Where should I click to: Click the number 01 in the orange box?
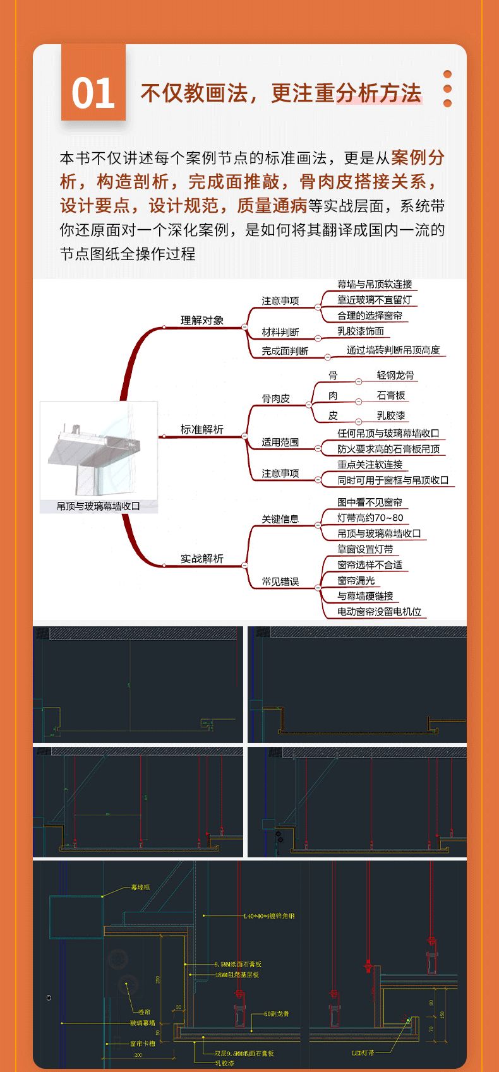pos(93,93)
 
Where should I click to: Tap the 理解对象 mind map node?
pos(202,320)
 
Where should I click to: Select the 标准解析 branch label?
pos(202,429)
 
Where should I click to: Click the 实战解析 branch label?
pos(202,559)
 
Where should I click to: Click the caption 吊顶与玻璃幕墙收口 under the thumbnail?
pos(99,506)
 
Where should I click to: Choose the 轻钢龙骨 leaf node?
pos(395,375)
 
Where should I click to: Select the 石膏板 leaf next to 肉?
pos(391,395)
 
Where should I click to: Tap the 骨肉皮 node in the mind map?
pos(276,398)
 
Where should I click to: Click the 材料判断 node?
pos(280,332)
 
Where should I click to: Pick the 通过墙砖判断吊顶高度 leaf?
pos(393,350)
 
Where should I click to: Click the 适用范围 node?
pos(280,442)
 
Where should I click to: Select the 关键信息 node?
pos(280,519)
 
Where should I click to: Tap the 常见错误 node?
pos(280,581)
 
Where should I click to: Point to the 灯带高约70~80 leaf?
pos(370,518)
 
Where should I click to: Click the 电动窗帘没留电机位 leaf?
pos(379,612)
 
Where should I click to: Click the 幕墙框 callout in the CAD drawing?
pos(140,887)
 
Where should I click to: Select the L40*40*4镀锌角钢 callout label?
pos(269,915)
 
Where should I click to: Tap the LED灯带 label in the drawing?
pos(363,1052)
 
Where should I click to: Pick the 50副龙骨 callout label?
pos(277,1013)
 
